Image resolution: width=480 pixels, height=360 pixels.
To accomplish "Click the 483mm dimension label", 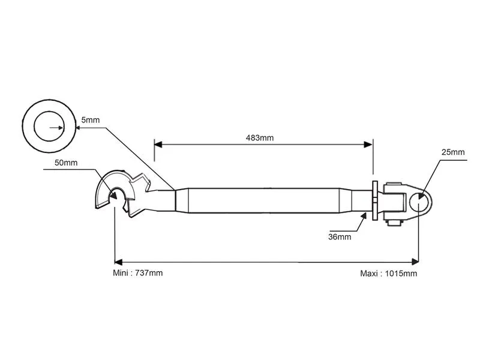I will click(x=259, y=138).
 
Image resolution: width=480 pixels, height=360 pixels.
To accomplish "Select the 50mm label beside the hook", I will click(x=65, y=163).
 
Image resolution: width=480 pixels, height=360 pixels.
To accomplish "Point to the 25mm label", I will click(x=453, y=152).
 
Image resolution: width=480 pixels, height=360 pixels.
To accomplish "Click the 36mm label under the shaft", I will click(x=340, y=236).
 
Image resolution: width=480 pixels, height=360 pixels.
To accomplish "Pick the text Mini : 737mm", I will click(x=137, y=273).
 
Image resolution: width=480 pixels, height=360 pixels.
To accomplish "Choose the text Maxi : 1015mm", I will click(x=388, y=274).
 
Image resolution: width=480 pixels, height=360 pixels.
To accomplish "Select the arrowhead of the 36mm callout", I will click(x=364, y=215).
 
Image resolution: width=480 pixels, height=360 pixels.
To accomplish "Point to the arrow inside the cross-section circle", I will click(x=60, y=127).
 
